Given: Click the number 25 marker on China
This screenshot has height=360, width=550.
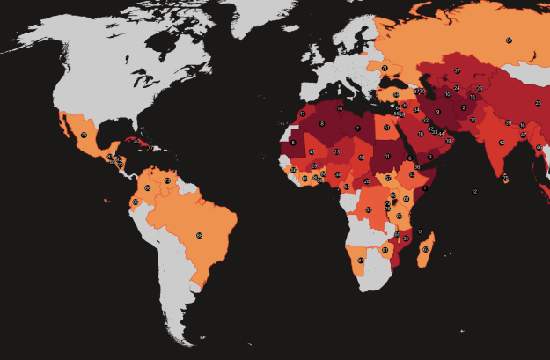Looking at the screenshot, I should tap(538, 103).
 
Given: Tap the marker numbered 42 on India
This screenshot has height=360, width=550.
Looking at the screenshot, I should tap(502, 142).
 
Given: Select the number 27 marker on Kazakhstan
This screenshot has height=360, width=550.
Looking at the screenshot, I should tap(458, 70).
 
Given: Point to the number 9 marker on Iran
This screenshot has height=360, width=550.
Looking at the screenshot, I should tap(437, 112).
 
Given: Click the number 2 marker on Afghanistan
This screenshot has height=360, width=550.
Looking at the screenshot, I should tap(464, 107).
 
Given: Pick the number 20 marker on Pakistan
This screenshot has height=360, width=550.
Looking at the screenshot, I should tap(473, 120).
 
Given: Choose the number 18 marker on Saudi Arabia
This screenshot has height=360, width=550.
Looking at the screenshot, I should tap(421, 134).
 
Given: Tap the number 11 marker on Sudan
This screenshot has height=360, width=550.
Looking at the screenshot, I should tap(387, 156).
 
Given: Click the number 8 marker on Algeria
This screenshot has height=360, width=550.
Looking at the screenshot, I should tap(322, 123).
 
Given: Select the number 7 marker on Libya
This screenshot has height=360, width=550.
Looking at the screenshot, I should tap(357, 129).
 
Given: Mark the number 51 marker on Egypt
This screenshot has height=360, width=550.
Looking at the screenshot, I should tap(387, 128).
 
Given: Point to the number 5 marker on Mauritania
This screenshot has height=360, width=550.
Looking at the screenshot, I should tap(293, 142).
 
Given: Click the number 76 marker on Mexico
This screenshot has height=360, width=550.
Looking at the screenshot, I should tap(84, 135).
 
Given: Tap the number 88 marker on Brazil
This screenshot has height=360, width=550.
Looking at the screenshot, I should tap(199, 235).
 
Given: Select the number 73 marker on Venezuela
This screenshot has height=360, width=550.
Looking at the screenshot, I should tap(167, 180).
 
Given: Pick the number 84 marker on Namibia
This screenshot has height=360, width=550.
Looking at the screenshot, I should tap(361, 261).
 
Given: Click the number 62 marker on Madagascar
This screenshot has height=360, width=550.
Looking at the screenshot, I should tap(425, 249).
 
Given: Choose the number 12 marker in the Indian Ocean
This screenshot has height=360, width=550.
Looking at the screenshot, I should tap(474, 191).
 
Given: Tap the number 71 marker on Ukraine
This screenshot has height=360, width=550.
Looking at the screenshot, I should tap(385, 68).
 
